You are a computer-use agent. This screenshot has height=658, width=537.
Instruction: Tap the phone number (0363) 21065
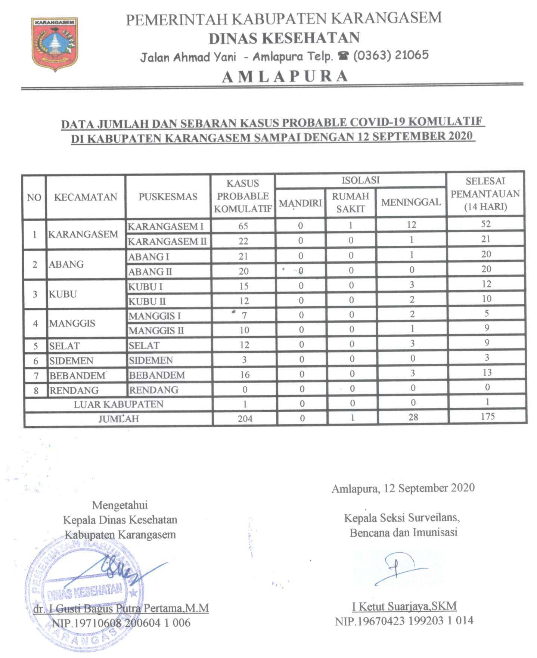coord(391,56)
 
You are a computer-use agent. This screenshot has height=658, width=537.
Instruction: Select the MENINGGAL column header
coord(411,202)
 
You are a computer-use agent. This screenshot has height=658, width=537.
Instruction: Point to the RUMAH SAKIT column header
coord(350,202)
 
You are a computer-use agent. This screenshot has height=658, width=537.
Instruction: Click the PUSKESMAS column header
coord(168,196)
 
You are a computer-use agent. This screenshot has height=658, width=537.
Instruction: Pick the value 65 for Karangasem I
coord(243,226)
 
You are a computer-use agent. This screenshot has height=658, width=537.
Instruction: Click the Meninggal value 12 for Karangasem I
coord(411,225)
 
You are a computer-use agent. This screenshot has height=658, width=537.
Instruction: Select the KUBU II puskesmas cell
coord(147,301)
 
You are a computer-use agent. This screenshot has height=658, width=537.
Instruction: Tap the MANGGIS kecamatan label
coord(72,323)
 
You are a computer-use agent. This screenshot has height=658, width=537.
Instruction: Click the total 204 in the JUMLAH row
coord(245,419)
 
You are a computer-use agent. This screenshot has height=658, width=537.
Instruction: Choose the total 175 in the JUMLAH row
coord(487,416)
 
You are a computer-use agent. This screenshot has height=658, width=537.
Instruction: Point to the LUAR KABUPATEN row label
coord(118,404)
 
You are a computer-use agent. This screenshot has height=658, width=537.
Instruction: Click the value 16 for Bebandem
coord(245,375)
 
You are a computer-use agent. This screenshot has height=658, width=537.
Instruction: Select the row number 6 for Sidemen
coord(36,361)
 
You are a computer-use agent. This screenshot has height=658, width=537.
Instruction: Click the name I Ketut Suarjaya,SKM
coord(404,606)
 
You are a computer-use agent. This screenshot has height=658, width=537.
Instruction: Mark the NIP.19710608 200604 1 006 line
coord(121,623)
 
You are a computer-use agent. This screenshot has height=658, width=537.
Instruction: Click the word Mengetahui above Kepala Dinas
coord(120,505)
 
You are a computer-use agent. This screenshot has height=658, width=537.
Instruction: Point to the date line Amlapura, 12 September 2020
coord(403,488)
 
